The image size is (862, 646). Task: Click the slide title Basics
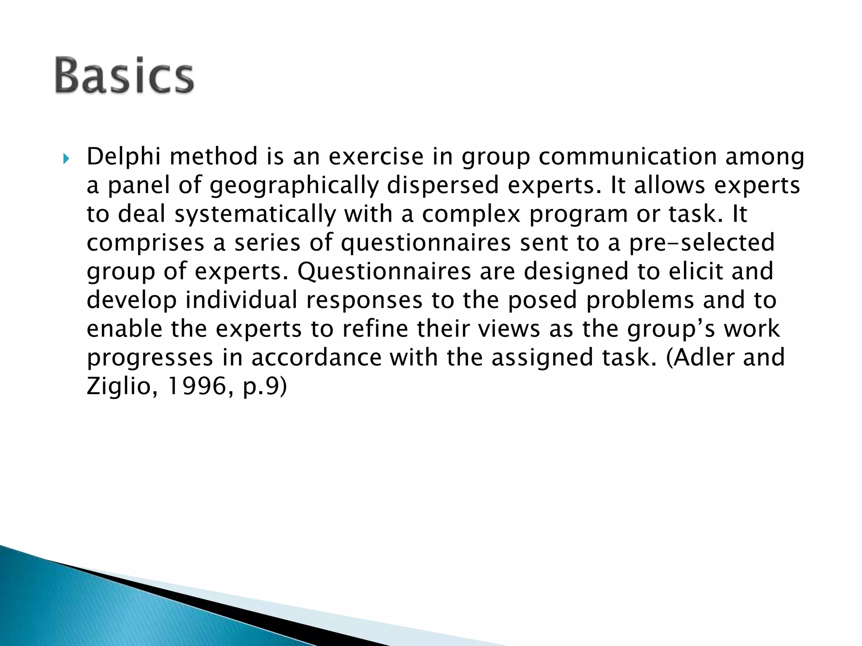coord(124,76)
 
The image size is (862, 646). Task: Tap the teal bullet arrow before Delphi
coord(66,159)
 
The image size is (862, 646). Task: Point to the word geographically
coord(294,185)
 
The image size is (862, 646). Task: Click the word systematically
coord(255,214)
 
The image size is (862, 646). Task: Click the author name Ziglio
coord(117,386)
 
